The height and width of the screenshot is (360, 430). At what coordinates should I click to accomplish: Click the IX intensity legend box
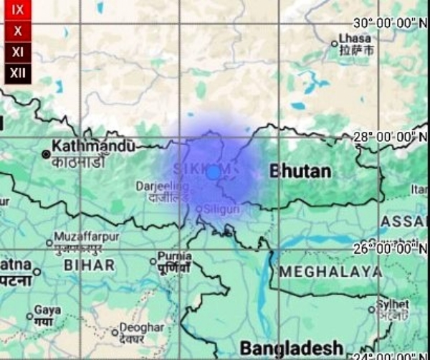pos(17,10)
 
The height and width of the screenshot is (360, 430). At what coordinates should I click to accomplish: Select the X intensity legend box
pos(17,31)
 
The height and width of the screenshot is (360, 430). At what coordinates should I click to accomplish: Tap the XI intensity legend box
pos(17,52)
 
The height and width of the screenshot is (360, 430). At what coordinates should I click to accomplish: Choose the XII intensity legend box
pos(17,72)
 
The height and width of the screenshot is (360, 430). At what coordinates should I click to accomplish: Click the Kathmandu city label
pos(93,146)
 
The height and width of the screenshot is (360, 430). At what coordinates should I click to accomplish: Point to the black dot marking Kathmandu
pos(46,153)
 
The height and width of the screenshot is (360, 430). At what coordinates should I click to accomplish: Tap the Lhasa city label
pos(355,38)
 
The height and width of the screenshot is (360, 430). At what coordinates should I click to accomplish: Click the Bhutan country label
pos(300,171)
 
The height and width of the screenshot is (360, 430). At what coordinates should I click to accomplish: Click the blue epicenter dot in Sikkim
pos(213,173)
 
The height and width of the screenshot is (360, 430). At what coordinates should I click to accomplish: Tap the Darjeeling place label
pos(159,186)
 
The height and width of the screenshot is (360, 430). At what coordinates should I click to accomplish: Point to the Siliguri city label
pos(221,209)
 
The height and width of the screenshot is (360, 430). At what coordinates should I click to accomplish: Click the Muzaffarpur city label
pos(86,235)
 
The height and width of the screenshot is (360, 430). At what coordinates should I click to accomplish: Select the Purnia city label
pos(174,256)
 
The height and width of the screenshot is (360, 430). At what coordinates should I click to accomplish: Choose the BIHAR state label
pos(89,265)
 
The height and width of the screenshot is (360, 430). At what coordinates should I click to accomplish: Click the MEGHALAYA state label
pos(330,272)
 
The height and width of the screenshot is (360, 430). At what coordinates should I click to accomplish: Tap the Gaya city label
pos(48,310)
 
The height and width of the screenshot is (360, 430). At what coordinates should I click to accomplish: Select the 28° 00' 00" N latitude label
pos(388,136)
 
